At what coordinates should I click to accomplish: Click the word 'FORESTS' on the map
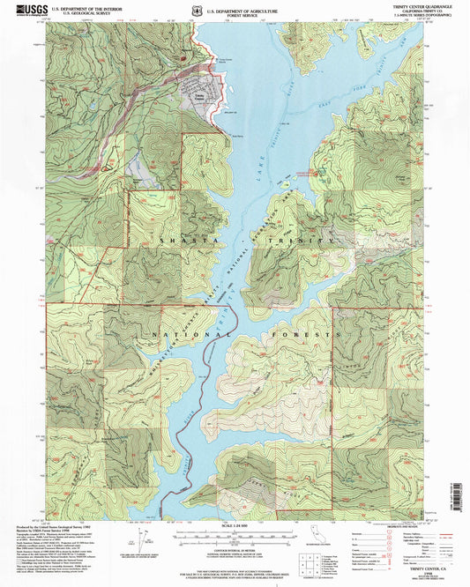(312, 335)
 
